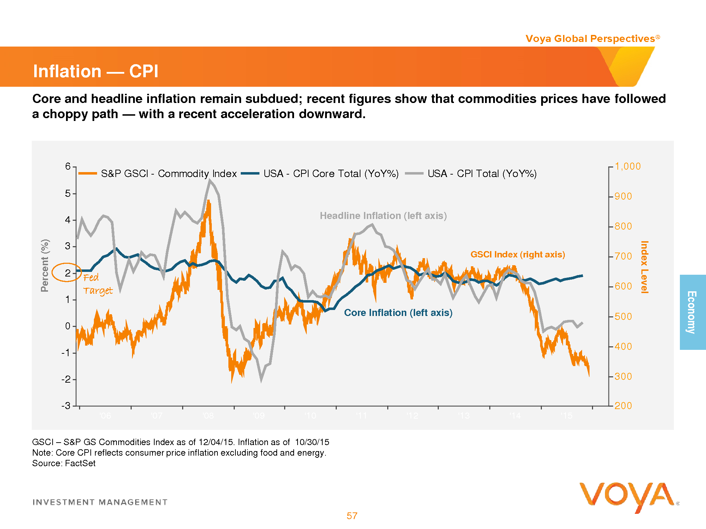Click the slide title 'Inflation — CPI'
tap(95, 71)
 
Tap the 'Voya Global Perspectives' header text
tap(590, 38)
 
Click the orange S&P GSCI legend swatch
tap(88, 173)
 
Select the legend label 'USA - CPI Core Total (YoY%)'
tap(331, 174)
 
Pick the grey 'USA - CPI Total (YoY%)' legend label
tap(482, 174)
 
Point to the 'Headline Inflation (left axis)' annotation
tap(383, 215)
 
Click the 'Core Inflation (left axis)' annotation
tap(398, 312)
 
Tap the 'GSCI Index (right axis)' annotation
tap(517, 254)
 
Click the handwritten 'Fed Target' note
tap(97, 284)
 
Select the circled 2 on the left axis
tap(67, 273)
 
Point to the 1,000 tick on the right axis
tap(627, 166)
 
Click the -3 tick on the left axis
tap(66, 406)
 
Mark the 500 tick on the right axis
tap(623, 316)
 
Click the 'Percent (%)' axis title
tap(45, 265)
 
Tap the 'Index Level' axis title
tap(644, 267)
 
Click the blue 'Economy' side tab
tap(692, 312)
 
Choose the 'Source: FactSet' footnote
tap(64, 463)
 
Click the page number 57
tap(352, 516)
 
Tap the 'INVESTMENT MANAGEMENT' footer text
tap(100, 502)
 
